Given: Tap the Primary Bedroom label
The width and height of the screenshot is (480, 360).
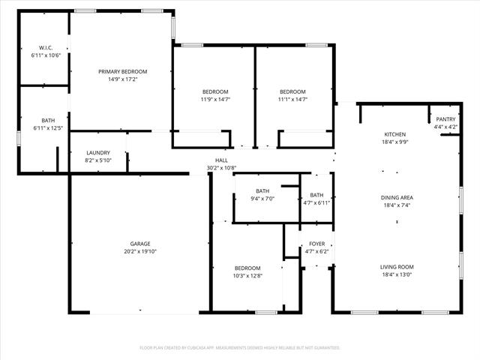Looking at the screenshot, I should (x=123, y=71).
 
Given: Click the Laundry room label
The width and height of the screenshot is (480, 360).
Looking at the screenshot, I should (x=98, y=153).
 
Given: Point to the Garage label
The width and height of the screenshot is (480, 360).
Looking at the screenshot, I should (x=140, y=244).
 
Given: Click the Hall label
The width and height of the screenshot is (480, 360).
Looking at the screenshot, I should (x=221, y=160).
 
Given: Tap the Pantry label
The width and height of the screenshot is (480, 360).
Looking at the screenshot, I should (x=445, y=119).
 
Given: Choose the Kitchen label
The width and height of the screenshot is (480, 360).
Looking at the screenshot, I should (x=395, y=133).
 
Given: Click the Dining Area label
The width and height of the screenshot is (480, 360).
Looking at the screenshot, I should (x=397, y=197).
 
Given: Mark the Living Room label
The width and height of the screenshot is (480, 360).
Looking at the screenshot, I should (x=397, y=267).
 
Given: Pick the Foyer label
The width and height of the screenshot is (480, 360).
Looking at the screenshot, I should (x=316, y=244).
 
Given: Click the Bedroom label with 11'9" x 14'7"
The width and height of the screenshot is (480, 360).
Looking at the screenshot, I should (x=214, y=91).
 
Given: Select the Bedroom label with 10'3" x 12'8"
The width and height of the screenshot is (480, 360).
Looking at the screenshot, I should (x=247, y=268).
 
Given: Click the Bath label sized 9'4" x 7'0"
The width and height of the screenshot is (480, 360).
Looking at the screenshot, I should (x=262, y=191).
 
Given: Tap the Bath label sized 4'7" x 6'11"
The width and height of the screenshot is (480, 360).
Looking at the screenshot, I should (x=316, y=195).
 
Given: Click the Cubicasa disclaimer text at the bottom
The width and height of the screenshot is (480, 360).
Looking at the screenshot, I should (x=240, y=348).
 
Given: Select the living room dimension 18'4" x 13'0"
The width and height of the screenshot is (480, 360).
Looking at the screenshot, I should (x=397, y=274).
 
